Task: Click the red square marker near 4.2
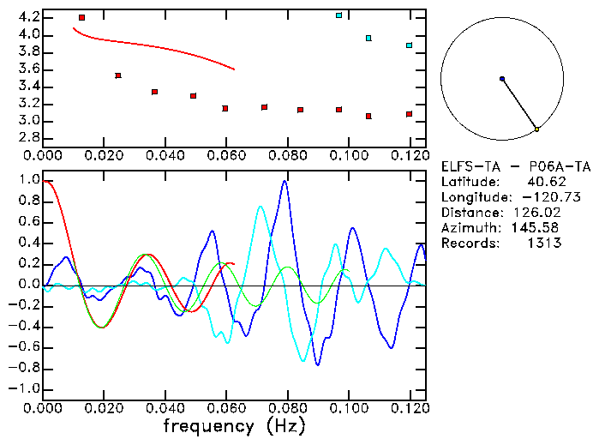(x=81, y=17)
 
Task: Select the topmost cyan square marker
(x=338, y=15)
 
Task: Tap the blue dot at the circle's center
(x=502, y=79)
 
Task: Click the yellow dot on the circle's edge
(x=536, y=129)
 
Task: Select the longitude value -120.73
(x=535, y=197)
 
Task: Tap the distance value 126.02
(x=541, y=213)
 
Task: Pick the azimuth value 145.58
(x=541, y=228)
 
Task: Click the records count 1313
(x=544, y=243)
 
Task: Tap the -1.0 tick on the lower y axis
(x=23, y=389)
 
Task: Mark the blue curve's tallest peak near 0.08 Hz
(x=285, y=181)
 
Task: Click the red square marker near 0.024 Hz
(x=118, y=75)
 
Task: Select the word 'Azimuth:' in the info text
(x=471, y=228)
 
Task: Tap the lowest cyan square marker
(x=409, y=45)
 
